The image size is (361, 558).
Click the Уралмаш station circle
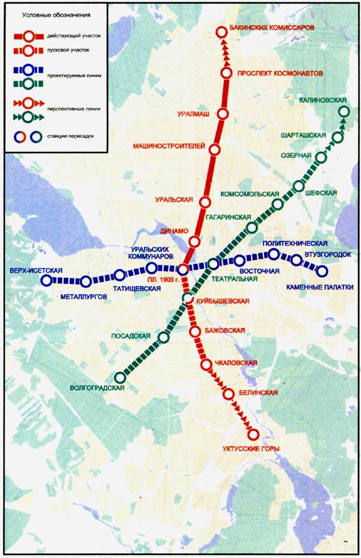tap(223, 114)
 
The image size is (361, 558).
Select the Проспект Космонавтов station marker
tap(227, 73)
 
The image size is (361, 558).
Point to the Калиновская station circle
tap(344, 111)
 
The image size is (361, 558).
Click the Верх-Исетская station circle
tap(47, 281)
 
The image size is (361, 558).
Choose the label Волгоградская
tap(97, 388)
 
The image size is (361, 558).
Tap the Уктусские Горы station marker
tap(253, 434)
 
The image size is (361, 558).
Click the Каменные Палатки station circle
tap(322, 271)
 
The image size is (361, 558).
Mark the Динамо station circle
tap(194, 241)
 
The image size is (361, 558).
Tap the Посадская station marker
tap(163, 338)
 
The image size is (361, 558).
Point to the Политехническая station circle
tap(274, 255)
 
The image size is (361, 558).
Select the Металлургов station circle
tap(86, 281)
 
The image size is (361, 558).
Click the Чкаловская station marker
tap(206, 364)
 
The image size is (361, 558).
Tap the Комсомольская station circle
tap(277, 204)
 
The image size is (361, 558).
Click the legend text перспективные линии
tap(72, 109)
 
